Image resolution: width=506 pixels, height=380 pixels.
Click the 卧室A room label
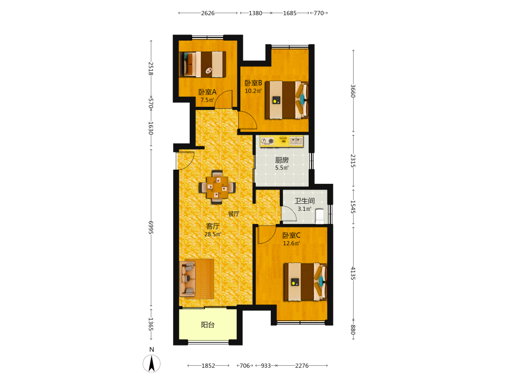pyautogui.click(x=207, y=92)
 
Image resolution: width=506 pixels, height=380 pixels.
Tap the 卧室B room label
pyautogui.click(x=254, y=83)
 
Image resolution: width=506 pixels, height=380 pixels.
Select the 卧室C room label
pyautogui.click(x=291, y=236)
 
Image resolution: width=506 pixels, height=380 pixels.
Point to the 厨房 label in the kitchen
pyautogui.click(x=282, y=160)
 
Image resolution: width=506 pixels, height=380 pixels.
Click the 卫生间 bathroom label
pyautogui.click(x=304, y=201)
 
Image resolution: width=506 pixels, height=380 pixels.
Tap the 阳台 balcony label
pyautogui.click(x=208, y=325)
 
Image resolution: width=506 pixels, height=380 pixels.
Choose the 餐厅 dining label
pyautogui.click(x=234, y=214)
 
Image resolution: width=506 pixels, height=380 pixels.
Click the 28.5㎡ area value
pyautogui.click(x=213, y=234)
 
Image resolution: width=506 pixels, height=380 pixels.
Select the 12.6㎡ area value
pyautogui.click(x=291, y=243)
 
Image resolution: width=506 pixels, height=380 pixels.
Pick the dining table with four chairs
pyautogui.click(x=217, y=187)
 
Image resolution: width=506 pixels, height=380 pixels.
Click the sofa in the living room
pyautogui.click(x=188, y=279)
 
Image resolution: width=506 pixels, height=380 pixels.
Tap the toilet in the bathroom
pyautogui.click(x=319, y=216)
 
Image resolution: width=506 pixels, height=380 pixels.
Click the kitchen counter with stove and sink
pyautogui.click(x=282, y=141)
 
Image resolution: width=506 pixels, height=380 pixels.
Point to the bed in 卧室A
pyautogui.click(x=203, y=64)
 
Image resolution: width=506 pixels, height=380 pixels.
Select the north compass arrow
pyautogui.click(x=152, y=363)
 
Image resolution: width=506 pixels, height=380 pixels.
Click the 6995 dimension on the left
pyautogui.click(x=151, y=227)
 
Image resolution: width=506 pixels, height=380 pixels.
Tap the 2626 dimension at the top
pyautogui.click(x=208, y=13)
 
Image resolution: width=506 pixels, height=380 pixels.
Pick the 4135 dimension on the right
pyautogui.click(x=353, y=274)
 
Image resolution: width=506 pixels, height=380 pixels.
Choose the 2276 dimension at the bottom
pyautogui.click(x=302, y=366)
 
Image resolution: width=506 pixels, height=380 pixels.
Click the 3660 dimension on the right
pyautogui.click(x=353, y=91)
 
